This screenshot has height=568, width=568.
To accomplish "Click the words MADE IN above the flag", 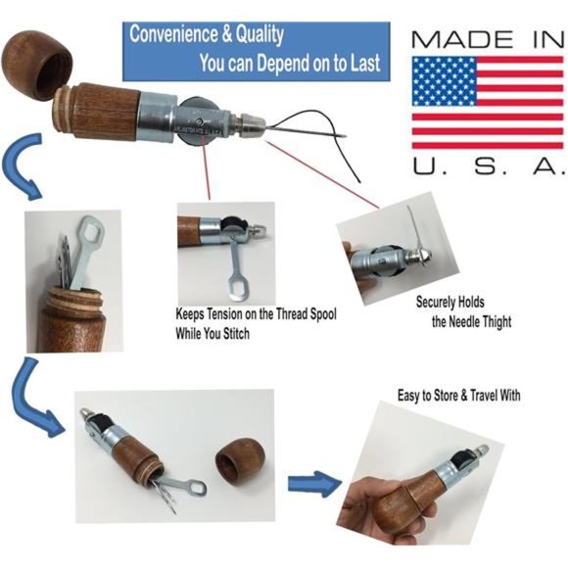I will tap(486, 40).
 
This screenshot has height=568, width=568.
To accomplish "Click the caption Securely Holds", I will tap(450, 303).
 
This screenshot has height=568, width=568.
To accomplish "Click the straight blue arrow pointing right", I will tap(311, 482).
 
